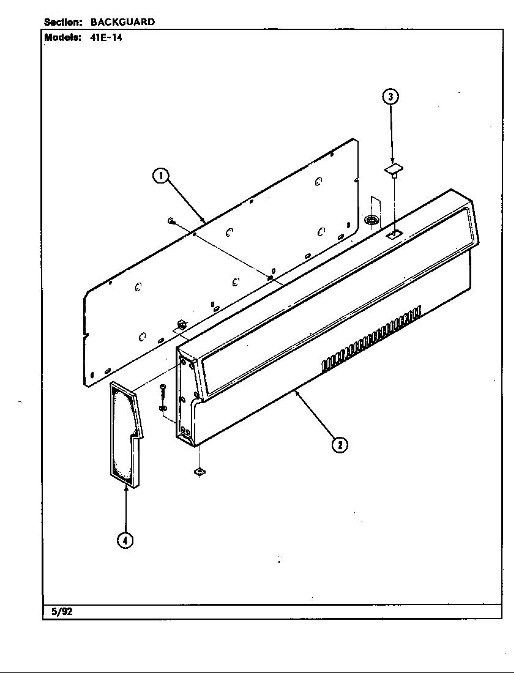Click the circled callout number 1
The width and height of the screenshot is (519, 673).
pos(160,176)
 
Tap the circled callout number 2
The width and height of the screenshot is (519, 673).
pos(340,445)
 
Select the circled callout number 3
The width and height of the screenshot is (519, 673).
pos(391,96)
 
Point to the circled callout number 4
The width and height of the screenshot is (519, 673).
pos(125,540)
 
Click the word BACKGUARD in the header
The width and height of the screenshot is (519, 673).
pos(122,22)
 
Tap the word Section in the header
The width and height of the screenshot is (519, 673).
pos(63,22)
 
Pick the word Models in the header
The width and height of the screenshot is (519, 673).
pos(63,37)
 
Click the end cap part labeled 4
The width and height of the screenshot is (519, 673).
pos(125,434)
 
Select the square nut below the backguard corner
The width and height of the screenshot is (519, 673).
pos(199,472)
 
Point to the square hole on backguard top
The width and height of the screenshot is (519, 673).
pos(394,234)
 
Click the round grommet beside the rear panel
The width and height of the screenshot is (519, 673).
pos(370,220)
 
